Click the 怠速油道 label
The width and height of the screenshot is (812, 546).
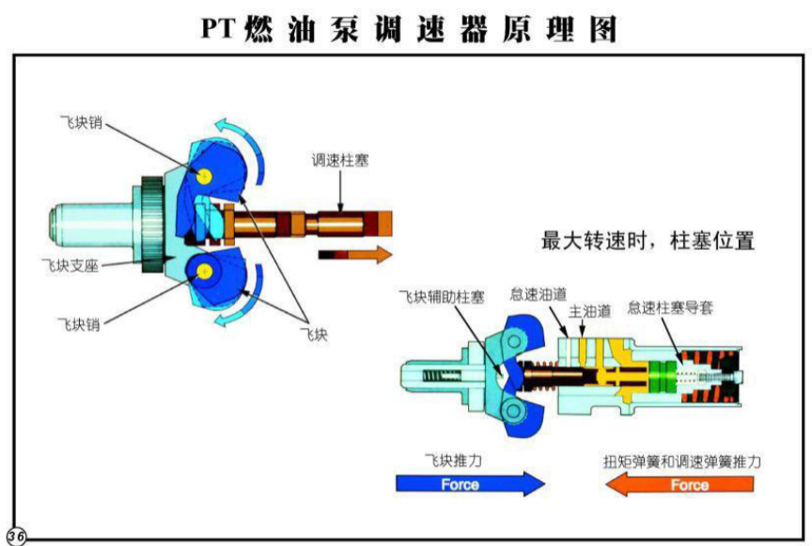pos(538,292)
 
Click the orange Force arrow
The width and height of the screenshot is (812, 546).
pos(679,485)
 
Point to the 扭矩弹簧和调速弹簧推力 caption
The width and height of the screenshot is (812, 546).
pos(680,462)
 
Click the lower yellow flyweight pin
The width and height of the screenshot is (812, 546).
pos(203,271)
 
